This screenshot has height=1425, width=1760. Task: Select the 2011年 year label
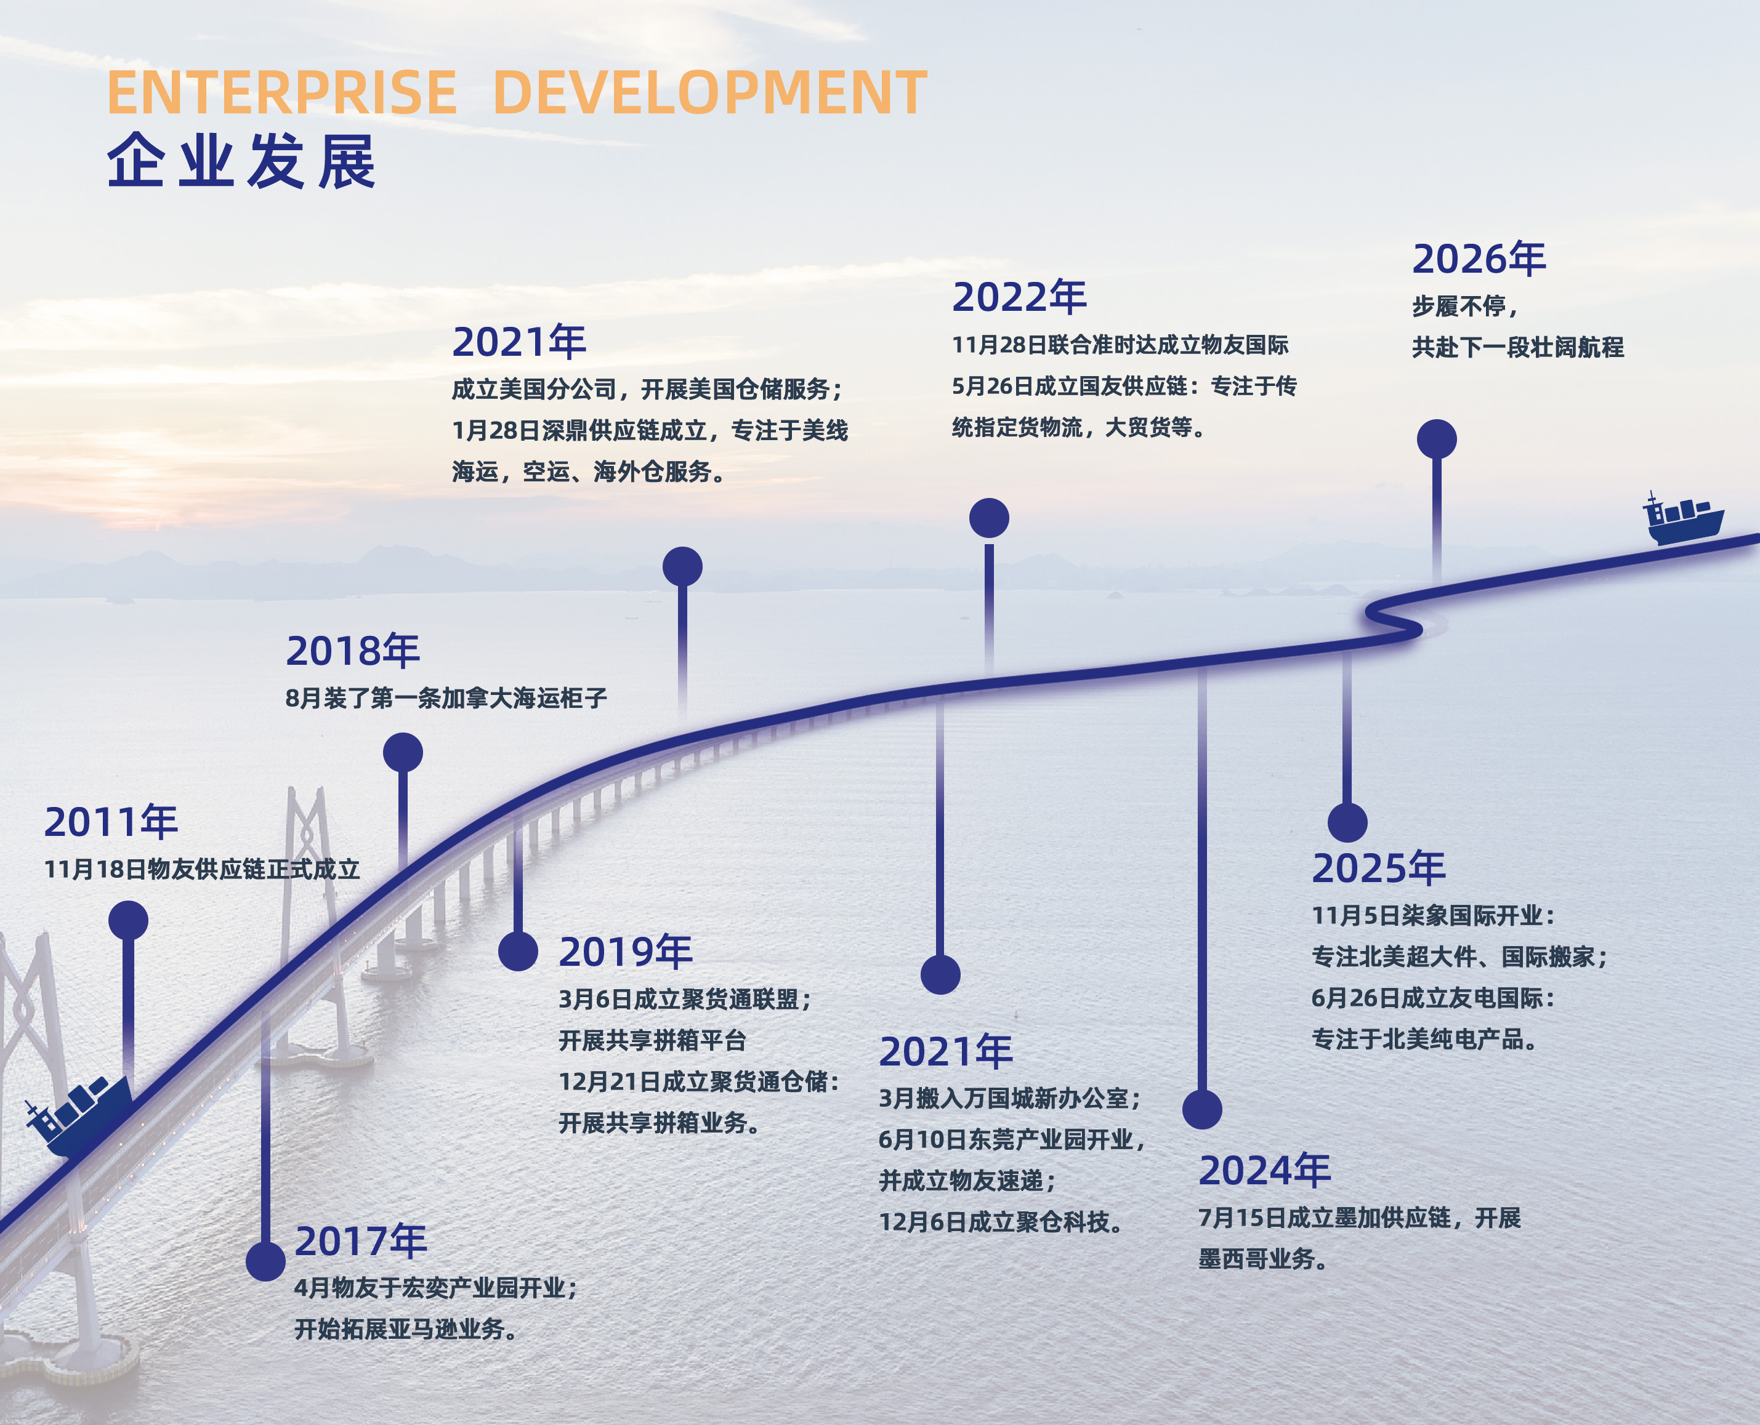point(111,822)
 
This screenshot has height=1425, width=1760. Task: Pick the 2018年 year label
point(353,651)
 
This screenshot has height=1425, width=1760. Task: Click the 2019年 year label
point(626,952)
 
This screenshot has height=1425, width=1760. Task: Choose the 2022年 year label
point(1020,297)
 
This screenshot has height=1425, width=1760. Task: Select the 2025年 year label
point(1379,869)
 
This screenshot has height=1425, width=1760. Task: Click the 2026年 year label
point(1479,259)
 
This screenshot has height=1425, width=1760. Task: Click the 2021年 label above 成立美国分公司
point(520,342)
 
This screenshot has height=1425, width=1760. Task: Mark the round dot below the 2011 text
point(128,920)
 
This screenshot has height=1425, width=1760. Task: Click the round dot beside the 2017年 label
point(265,1261)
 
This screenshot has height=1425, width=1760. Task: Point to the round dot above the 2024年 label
point(1202,1109)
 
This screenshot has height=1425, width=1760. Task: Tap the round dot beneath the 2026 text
point(1437,439)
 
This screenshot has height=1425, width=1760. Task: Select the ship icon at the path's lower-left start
point(79,1115)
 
